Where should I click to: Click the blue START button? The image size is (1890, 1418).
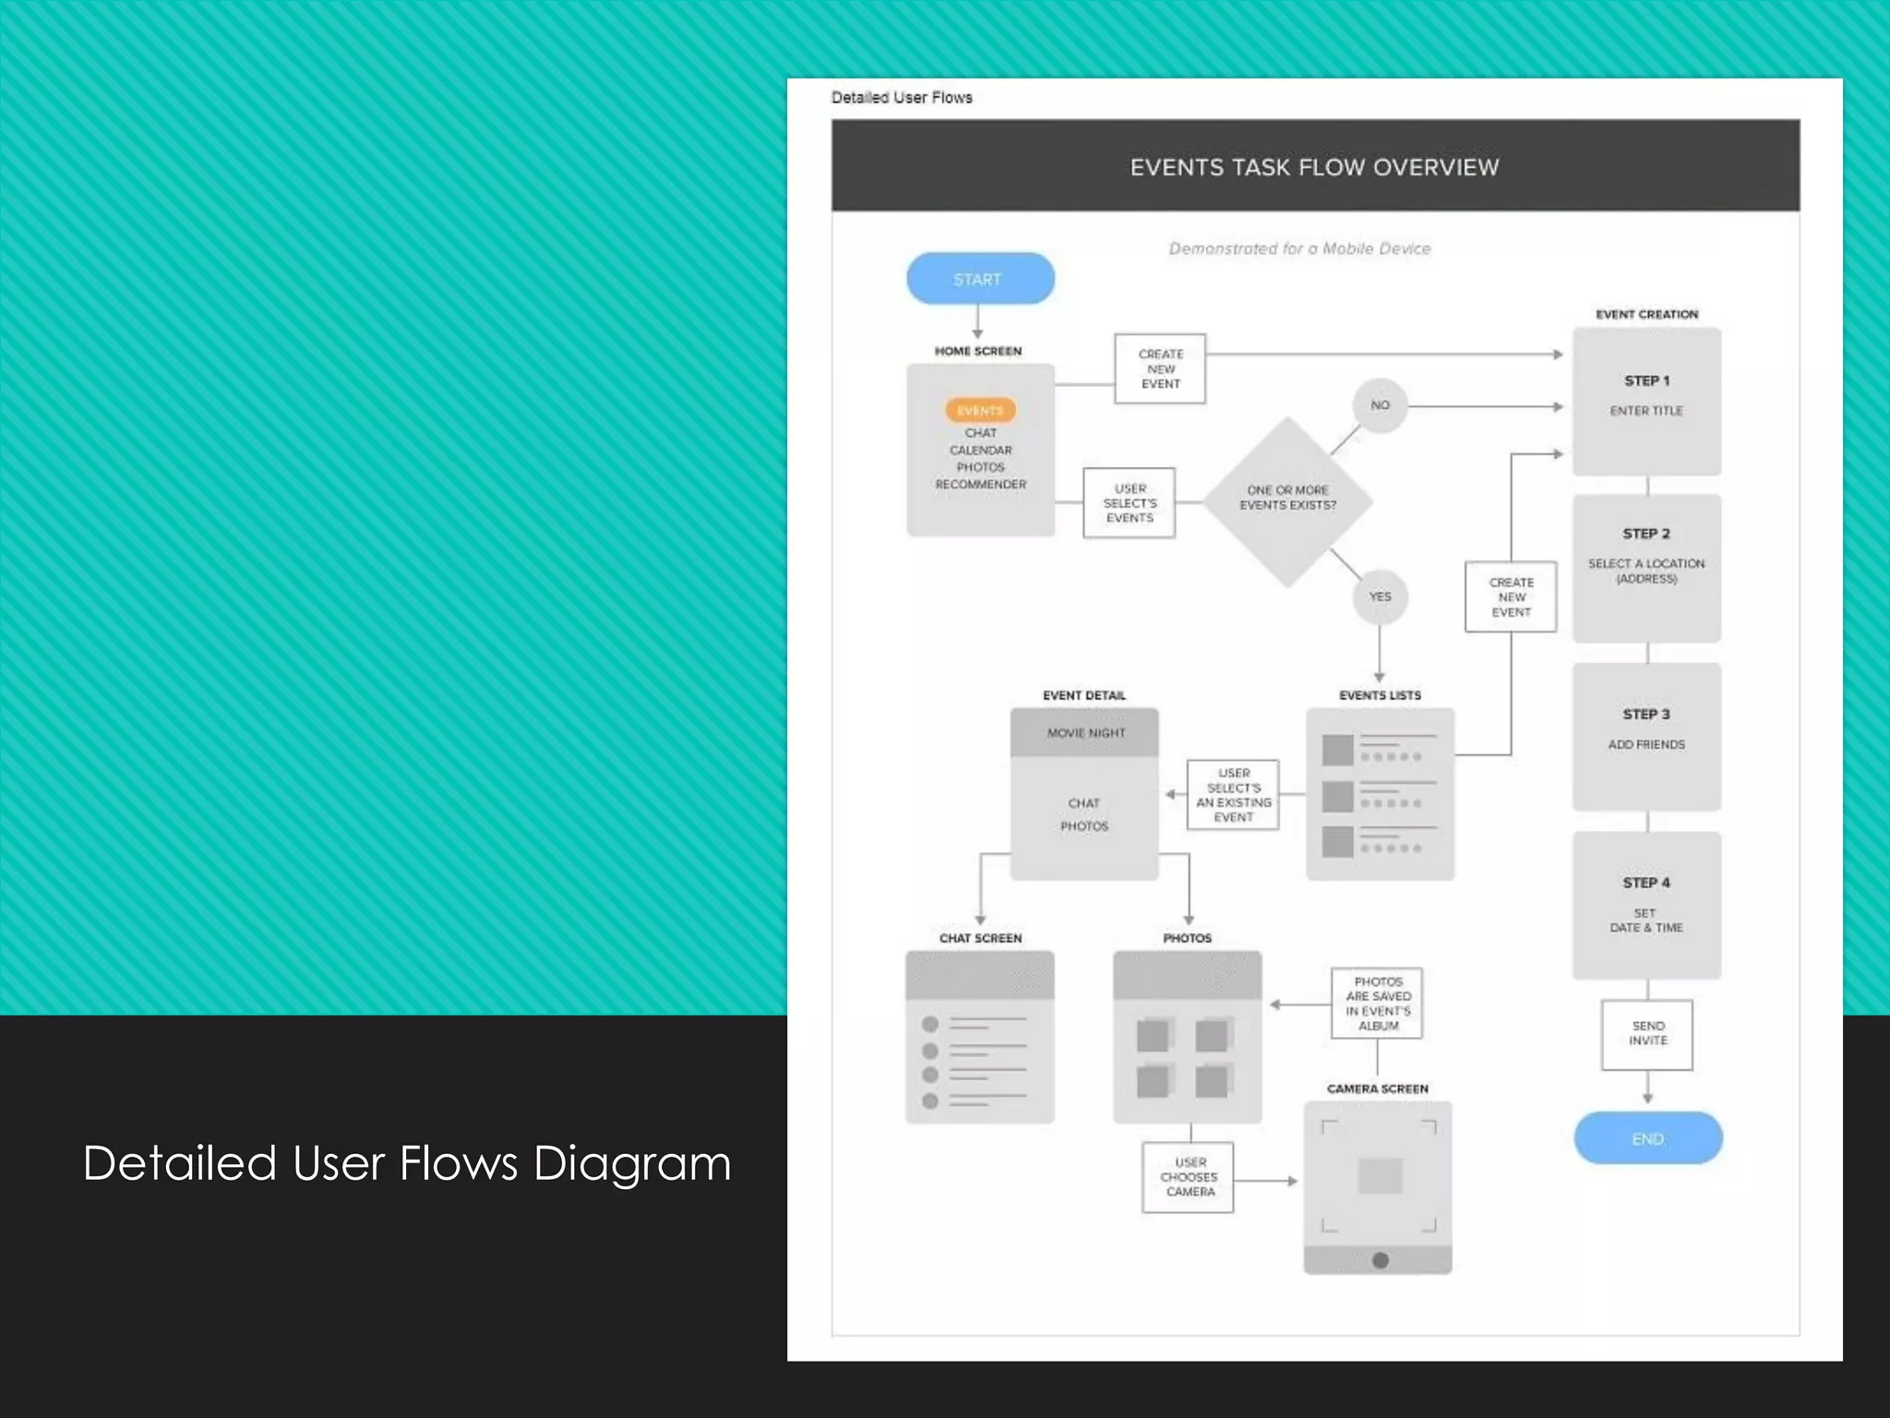pyautogui.click(x=980, y=279)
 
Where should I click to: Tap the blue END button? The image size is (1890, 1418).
pyautogui.click(x=1647, y=1138)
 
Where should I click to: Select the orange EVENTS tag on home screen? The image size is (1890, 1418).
pyautogui.click(x=980, y=410)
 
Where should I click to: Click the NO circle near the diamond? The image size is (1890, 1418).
pyautogui.click(x=1380, y=405)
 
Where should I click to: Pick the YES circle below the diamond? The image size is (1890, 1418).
pyautogui.click(x=1380, y=596)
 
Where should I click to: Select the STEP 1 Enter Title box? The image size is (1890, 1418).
pyautogui.click(x=1646, y=402)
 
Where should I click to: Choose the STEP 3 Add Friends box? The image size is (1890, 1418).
pyautogui.click(x=1646, y=736)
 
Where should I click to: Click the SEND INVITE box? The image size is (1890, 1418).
pyautogui.click(x=1647, y=1034)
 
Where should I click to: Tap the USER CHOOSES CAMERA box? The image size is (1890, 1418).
pyautogui.click(x=1189, y=1177)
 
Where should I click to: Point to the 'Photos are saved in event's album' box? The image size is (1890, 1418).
pyautogui.click(x=1377, y=1003)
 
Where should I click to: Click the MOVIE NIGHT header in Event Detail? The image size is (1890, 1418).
pyautogui.click(x=1085, y=733)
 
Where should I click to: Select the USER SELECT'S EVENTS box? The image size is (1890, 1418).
pyautogui.click(x=1130, y=503)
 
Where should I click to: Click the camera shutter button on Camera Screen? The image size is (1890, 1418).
pyautogui.click(x=1380, y=1260)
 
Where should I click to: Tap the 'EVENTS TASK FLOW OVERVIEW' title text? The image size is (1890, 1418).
pyautogui.click(x=1314, y=167)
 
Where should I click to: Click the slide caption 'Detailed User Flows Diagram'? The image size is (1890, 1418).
pyautogui.click(x=406, y=1163)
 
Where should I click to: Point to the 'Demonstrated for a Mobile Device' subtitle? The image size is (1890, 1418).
pyautogui.click(x=1299, y=248)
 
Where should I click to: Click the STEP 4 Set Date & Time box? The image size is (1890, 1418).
pyautogui.click(x=1646, y=906)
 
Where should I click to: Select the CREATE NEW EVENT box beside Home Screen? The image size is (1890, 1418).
pyautogui.click(x=1160, y=369)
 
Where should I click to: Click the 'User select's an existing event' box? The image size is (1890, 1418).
pyautogui.click(x=1233, y=795)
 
